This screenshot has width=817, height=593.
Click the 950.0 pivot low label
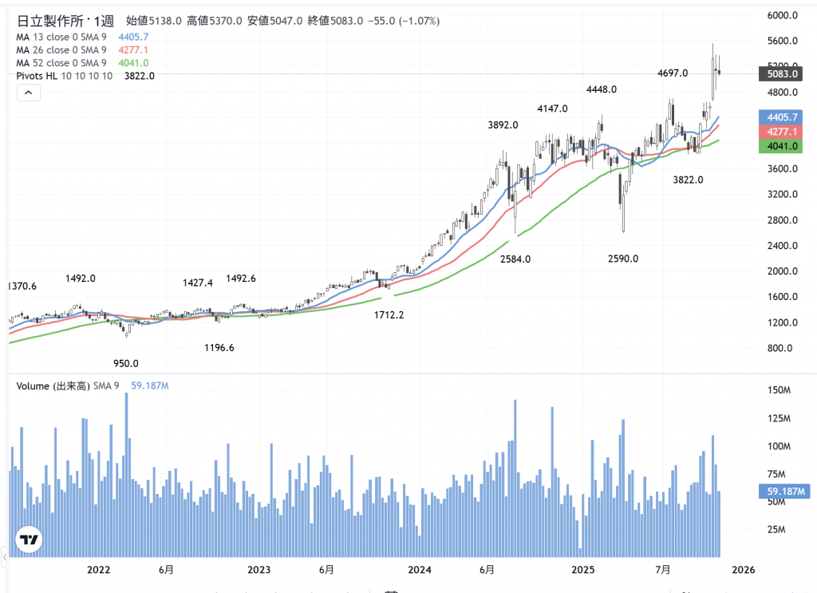125,363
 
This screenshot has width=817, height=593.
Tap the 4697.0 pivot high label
673,73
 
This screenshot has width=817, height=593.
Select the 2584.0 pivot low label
515,259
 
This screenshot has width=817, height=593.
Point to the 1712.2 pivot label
389,315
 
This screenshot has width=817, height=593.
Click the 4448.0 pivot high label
602,89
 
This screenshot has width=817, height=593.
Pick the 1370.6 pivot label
22,286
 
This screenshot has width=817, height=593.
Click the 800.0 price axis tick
780,348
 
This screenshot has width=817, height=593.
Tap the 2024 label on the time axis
419,570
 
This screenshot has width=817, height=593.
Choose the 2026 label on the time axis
743,570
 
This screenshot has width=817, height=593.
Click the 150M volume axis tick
778,390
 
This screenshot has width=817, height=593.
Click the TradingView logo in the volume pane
30,540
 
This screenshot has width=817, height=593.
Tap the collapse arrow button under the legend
28,93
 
